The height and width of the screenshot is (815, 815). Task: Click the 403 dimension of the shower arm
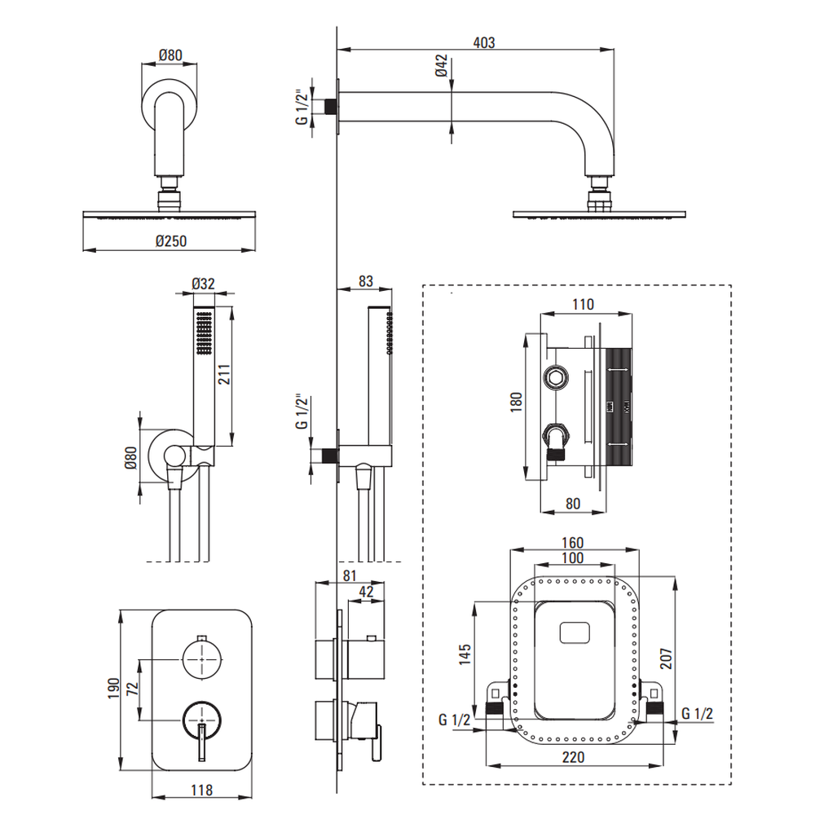(x=484, y=42)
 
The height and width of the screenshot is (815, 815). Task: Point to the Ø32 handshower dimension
(x=203, y=284)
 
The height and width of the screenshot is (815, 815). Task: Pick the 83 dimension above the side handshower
(x=366, y=281)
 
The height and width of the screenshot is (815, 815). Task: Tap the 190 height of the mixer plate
(x=113, y=689)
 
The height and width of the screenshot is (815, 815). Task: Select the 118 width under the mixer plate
(x=201, y=790)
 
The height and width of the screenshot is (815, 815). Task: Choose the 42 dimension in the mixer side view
(x=367, y=593)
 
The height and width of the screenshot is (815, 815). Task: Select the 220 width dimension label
(x=574, y=757)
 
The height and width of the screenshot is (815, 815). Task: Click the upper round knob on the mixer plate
(x=202, y=657)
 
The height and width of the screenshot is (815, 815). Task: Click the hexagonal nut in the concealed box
(x=557, y=377)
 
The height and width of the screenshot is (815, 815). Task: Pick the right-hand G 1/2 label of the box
(x=698, y=715)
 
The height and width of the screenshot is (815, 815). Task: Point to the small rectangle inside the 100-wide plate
(x=578, y=633)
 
